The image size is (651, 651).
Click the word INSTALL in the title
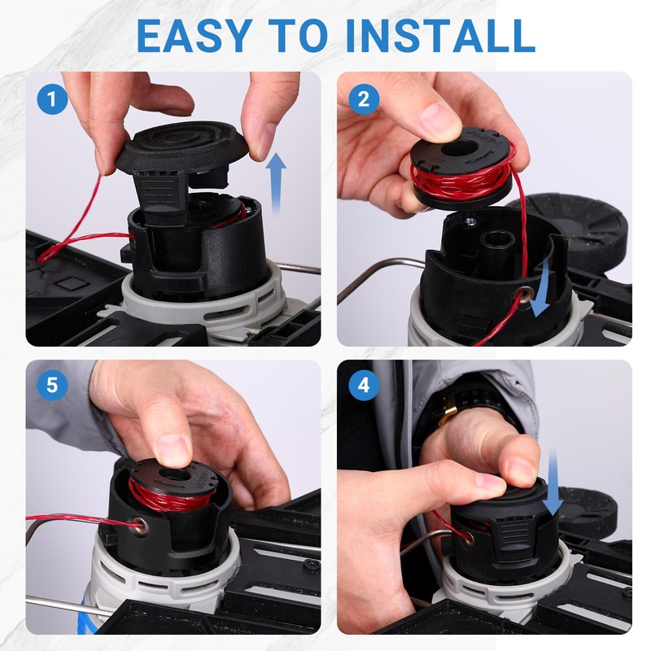[x=440, y=36]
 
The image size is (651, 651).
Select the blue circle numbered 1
[x=52, y=99]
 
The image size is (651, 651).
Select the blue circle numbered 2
[x=364, y=99]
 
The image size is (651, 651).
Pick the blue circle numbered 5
[x=52, y=386]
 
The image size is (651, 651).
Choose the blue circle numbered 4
[x=364, y=386]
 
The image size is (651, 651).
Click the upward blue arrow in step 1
[x=276, y=182]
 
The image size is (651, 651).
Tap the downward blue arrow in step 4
[x=553, y=482]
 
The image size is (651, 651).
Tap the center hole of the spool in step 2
[x=461, y=148]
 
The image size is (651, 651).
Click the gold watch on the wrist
[x=448, y=410]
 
